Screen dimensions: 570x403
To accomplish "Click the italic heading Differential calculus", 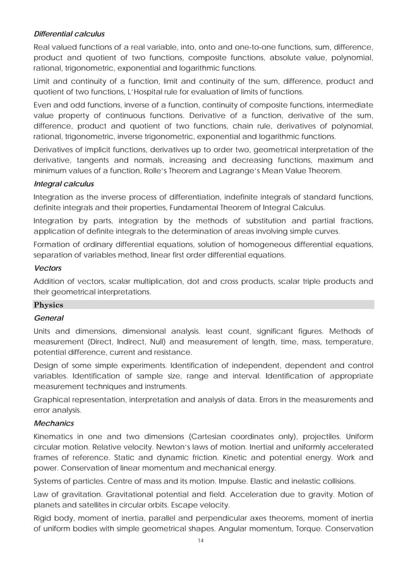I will tap(69, 33).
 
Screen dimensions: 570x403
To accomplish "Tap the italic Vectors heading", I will tap(47, 268).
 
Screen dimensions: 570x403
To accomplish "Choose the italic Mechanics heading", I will tap(54, 423).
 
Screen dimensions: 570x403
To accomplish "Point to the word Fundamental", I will tap(205, 208).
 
